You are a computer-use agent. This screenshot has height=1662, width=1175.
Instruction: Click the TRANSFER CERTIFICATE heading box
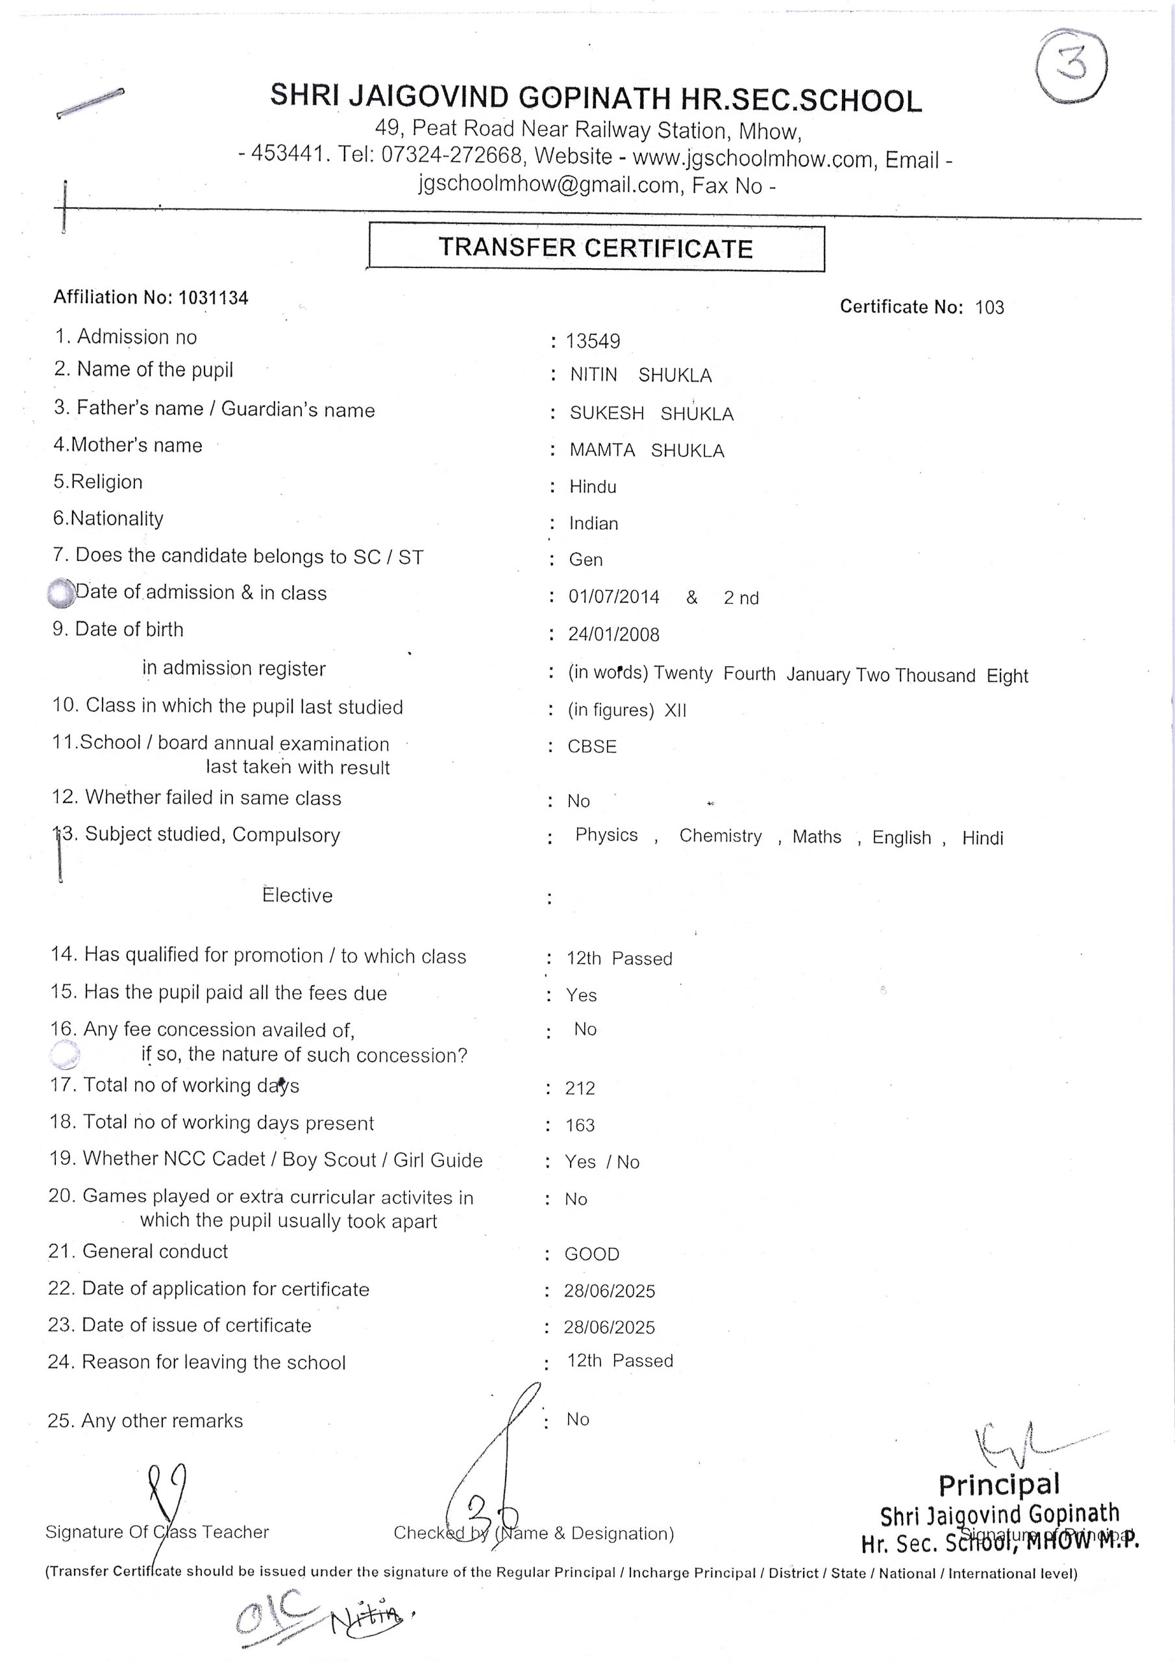pyautogui.click(x=596, y=248)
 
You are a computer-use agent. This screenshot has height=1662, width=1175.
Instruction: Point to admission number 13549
pyautogui.click(x=592, y=341)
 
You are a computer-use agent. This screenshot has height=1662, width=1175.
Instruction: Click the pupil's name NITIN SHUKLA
pyautogui.click(x=641, y=375)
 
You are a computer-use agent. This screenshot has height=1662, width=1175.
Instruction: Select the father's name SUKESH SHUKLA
pyautogui.click(x=652, y=414)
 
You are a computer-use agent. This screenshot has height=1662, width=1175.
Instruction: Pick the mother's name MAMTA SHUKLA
pyautogui.click(x=647, y=451)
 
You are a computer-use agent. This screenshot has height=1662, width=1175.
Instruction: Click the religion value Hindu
pyautogui.click(x=592, y=486)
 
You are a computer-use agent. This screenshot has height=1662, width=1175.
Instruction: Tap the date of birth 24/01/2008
pyautogui.click(x=613, y=635)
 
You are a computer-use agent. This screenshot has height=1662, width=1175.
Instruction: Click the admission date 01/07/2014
pyautogui.click(x=613, y=597)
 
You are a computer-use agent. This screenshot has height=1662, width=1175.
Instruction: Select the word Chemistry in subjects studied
pyautogui.click(x=720, y=836)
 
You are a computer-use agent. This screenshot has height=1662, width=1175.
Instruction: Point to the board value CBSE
pyautogui.click(x=591, y=747)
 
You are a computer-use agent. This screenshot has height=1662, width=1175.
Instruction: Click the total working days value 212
pyautogui.click(x=580, y=1088)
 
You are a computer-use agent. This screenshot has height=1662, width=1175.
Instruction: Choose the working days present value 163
pyautogui.click(x=580, y=1125)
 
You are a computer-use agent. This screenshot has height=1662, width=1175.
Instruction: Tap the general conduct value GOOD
pyautogui.click(x=591, y=1254)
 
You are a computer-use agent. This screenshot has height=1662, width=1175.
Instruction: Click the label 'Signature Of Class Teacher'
pyautogui.click(x=156, y=1532)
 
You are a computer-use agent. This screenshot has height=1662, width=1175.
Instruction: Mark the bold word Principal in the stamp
pyautogui.click(x=998, y=1485)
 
